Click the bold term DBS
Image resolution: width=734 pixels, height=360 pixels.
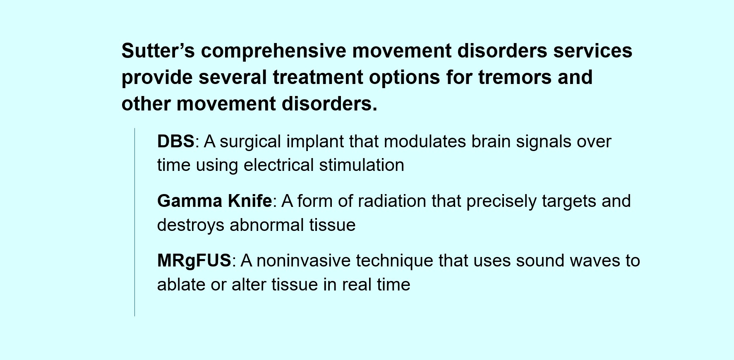[x=176, y=142]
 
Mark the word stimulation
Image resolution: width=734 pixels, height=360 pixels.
[x=362, y=165]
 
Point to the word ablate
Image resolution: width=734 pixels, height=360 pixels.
[x=181, y=285]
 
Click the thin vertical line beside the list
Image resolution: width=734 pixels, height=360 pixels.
[x=135, y=222]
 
